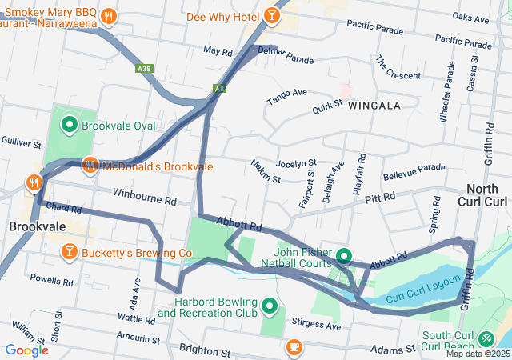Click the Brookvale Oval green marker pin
point(69,124)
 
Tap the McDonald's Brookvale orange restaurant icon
point(90,165)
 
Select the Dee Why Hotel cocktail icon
point(272,15)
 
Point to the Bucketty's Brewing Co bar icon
point(69,253)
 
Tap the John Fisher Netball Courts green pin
point(344,256)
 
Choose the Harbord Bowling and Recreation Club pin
point(269,306)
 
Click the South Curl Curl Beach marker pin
point(488,339)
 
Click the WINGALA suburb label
point(374,105)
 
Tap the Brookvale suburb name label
point(37,227)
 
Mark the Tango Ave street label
point(286,97)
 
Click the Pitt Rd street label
point(380,197)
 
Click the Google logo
point(26,350)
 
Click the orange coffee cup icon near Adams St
point(294,346)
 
